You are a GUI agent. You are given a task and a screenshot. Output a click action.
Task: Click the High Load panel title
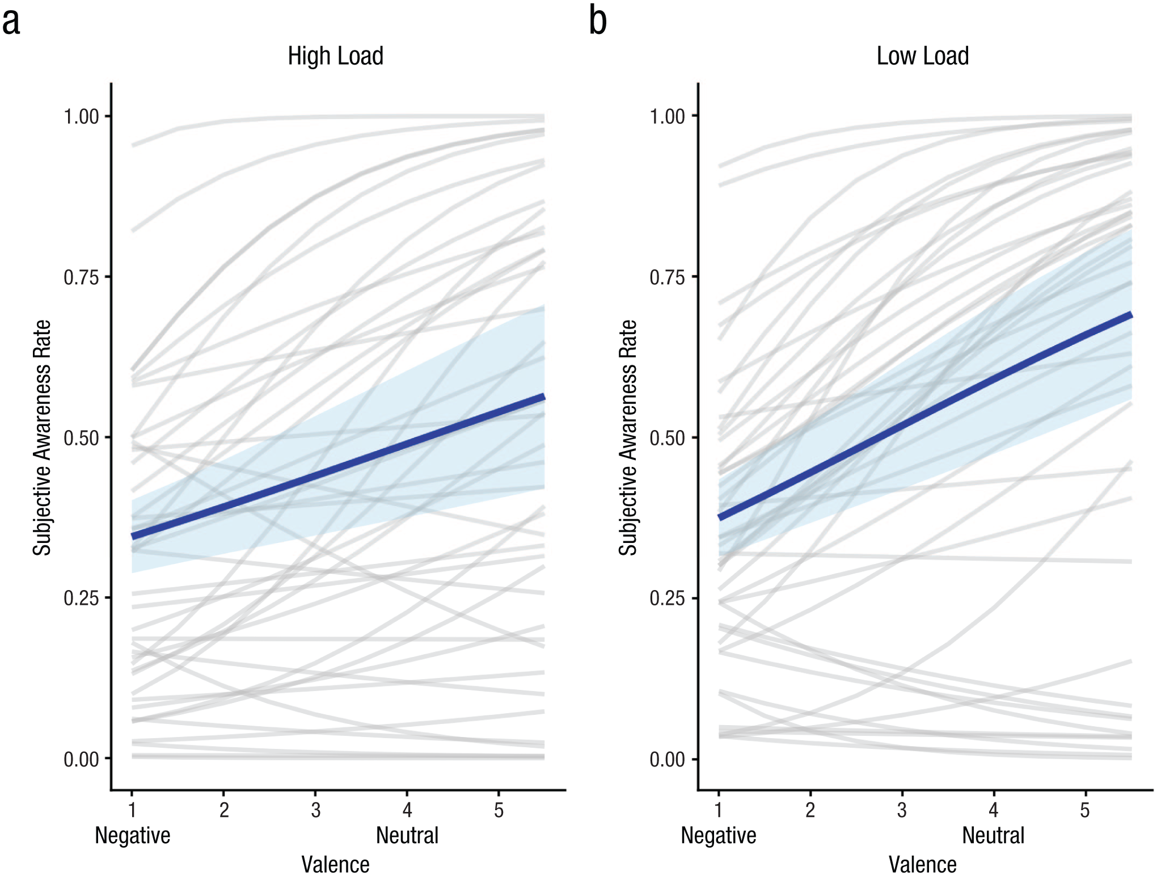point(335,56)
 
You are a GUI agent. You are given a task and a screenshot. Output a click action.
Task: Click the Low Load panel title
point(923,56)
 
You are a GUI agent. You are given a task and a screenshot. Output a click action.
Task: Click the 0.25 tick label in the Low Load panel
point(668,598)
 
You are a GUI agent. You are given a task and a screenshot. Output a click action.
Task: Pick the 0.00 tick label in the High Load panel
point(81,759)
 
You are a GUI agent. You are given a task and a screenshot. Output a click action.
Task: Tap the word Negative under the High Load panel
point(133,836)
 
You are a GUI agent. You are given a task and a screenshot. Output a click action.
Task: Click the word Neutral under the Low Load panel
point(994,835)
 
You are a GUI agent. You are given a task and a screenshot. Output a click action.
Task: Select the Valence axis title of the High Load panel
point(335,865)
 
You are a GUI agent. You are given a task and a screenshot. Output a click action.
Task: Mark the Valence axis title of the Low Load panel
point(923,865)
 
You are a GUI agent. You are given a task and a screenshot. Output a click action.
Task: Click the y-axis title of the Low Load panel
point(628,437)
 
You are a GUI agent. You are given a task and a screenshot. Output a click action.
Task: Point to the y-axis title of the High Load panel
point(42,437)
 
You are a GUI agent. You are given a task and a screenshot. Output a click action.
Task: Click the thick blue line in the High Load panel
point(338,466)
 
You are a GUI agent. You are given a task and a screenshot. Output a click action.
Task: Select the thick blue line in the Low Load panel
point(925,416)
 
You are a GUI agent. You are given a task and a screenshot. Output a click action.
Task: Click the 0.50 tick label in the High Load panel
point(81,438)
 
